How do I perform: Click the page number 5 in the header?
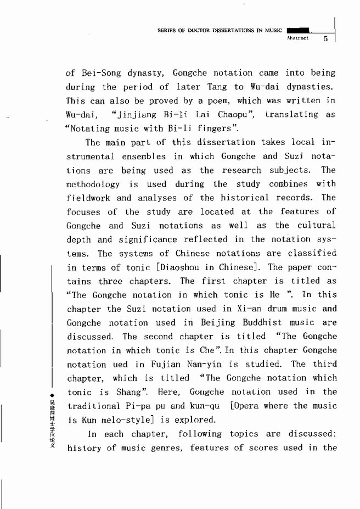coord(325,39)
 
